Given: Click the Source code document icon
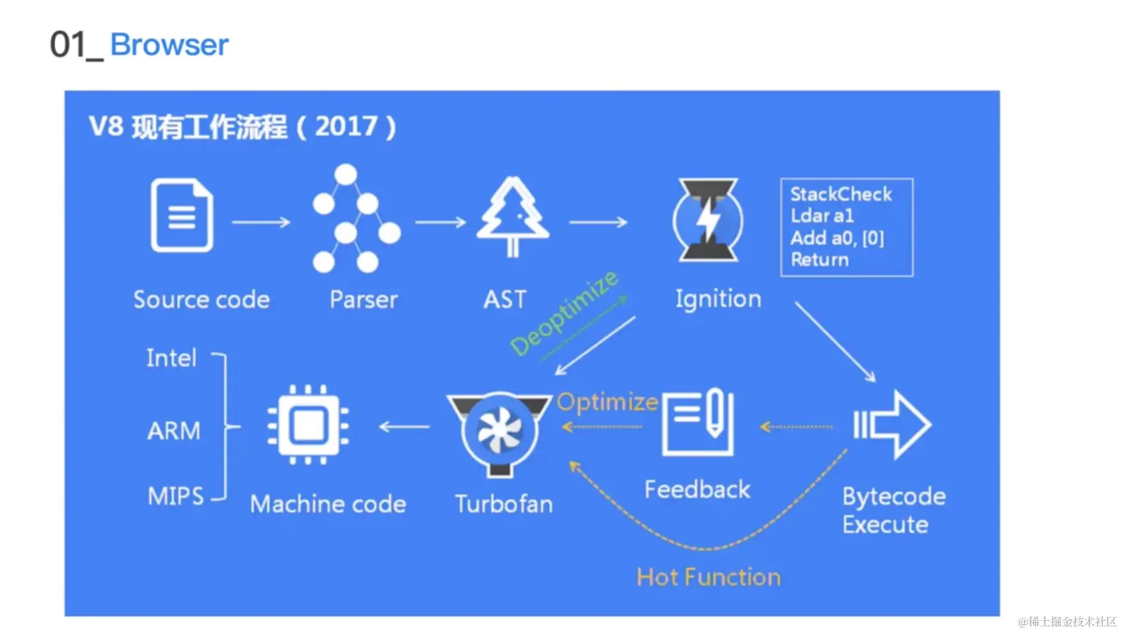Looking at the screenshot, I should pyautogui.click(x=182, y=215).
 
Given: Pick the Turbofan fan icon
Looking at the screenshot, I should pyautogui.click(x=500, y=432).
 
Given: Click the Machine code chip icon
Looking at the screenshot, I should pyautogui.click(x=307, y=425).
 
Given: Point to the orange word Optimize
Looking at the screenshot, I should pyautogui.click(x=607, y=402).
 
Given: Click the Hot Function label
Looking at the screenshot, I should pyautogui.click(x=708, y=577).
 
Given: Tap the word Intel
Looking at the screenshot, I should pyautogui.click(x=171, y=357).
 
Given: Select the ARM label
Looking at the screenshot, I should pyautogui.click(x=174, y=430).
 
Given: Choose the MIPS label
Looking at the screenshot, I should pyautogui.click(x=176, y=496).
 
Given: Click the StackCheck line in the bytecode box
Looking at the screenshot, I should pyautogui.click(x=841, y=194).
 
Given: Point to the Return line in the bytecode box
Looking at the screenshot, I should pyautogui.click(x=820, y=260).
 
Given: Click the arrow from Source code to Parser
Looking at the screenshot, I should pyautogui.click(x=261, y=222).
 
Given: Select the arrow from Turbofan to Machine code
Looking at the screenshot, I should pyautogui.click(x=404, y=427).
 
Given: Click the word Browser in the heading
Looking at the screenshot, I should pyautogui.click(x=170, y=45).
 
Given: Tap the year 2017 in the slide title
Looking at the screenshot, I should pyautogui.click(x=346, y=127).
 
